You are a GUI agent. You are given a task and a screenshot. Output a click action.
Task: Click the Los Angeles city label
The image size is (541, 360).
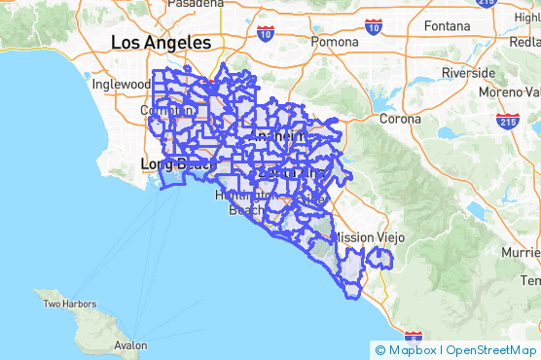tap(161, 43)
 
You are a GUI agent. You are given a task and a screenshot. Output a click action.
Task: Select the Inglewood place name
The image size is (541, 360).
tap(122, 84)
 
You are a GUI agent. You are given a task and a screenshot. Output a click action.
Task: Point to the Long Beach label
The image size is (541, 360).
tap(176, 163)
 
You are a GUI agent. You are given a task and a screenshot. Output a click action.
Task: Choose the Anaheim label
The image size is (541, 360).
tap(278, 137)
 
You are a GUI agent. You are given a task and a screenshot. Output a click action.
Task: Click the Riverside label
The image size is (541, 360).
tap(469, 73)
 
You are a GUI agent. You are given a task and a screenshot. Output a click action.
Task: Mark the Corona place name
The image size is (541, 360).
tap(400, 119)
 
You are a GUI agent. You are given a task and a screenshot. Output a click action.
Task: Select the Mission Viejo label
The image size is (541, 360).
tap(368, 236)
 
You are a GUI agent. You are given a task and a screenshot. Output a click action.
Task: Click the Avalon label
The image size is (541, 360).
tap(129, 344)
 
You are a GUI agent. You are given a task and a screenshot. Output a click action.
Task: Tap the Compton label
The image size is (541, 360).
tap(162, 111)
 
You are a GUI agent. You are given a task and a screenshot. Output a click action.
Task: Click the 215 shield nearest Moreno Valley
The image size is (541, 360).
tap(507, 122)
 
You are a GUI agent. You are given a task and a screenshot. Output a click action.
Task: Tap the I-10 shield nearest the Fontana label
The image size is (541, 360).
tap(374, 25)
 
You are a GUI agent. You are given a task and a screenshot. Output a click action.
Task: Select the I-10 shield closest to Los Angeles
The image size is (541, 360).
tap(266, 34)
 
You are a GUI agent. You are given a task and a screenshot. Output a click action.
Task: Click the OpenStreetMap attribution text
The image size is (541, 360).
tap(492, 350)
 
